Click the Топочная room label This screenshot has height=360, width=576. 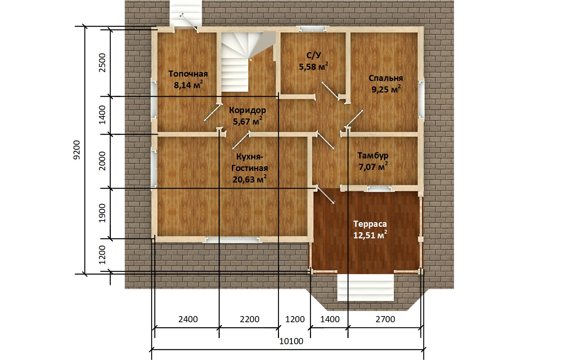pyautogui.click(x=188, y=74)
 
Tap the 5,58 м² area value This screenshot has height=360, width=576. pyautogui.click(x=314, y=66)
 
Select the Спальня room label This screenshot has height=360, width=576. pyautogui.click(x=386, y=78)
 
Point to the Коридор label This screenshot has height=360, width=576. pyautogui.click(x=247, y=110)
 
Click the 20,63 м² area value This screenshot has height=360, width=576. pyautogui.click(x=249, y=179)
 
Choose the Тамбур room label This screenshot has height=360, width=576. pyautogui.click(x=373, y=156)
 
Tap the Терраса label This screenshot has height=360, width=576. pyautogui.click(x=370, y=224)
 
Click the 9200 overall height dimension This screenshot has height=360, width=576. pyautogui.click(x=77, y=150)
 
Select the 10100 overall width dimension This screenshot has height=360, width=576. pyautogui.click(x=291, y=341)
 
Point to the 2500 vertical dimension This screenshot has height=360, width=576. pyautogui.click(x=102, y=63)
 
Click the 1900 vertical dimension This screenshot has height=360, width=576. pyautogui.click(x=102, y=213)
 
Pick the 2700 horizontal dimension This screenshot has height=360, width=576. pyautogui.click(x=385, y=319)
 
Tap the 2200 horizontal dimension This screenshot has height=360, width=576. pyautogui.click(x=249, y=319)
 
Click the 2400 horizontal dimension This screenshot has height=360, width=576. pyautogui.click(x=188, y=319)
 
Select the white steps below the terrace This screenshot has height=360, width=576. pyautogui.click(x=365, y=288)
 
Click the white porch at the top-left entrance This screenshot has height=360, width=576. pyautogui.click(x=185, y=13)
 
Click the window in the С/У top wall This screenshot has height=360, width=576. pyautogui.click(x=312, y=29)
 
